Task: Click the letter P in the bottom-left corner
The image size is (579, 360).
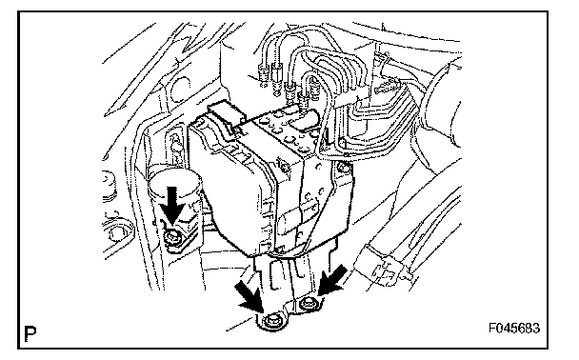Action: [x=30, y=333]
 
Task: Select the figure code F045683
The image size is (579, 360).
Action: [x=514, y=328]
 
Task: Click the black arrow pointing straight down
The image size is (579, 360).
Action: [x=172, y=206]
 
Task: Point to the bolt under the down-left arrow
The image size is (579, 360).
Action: [x=307, y=304]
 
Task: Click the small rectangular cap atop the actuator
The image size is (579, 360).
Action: [x=226, y=111]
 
